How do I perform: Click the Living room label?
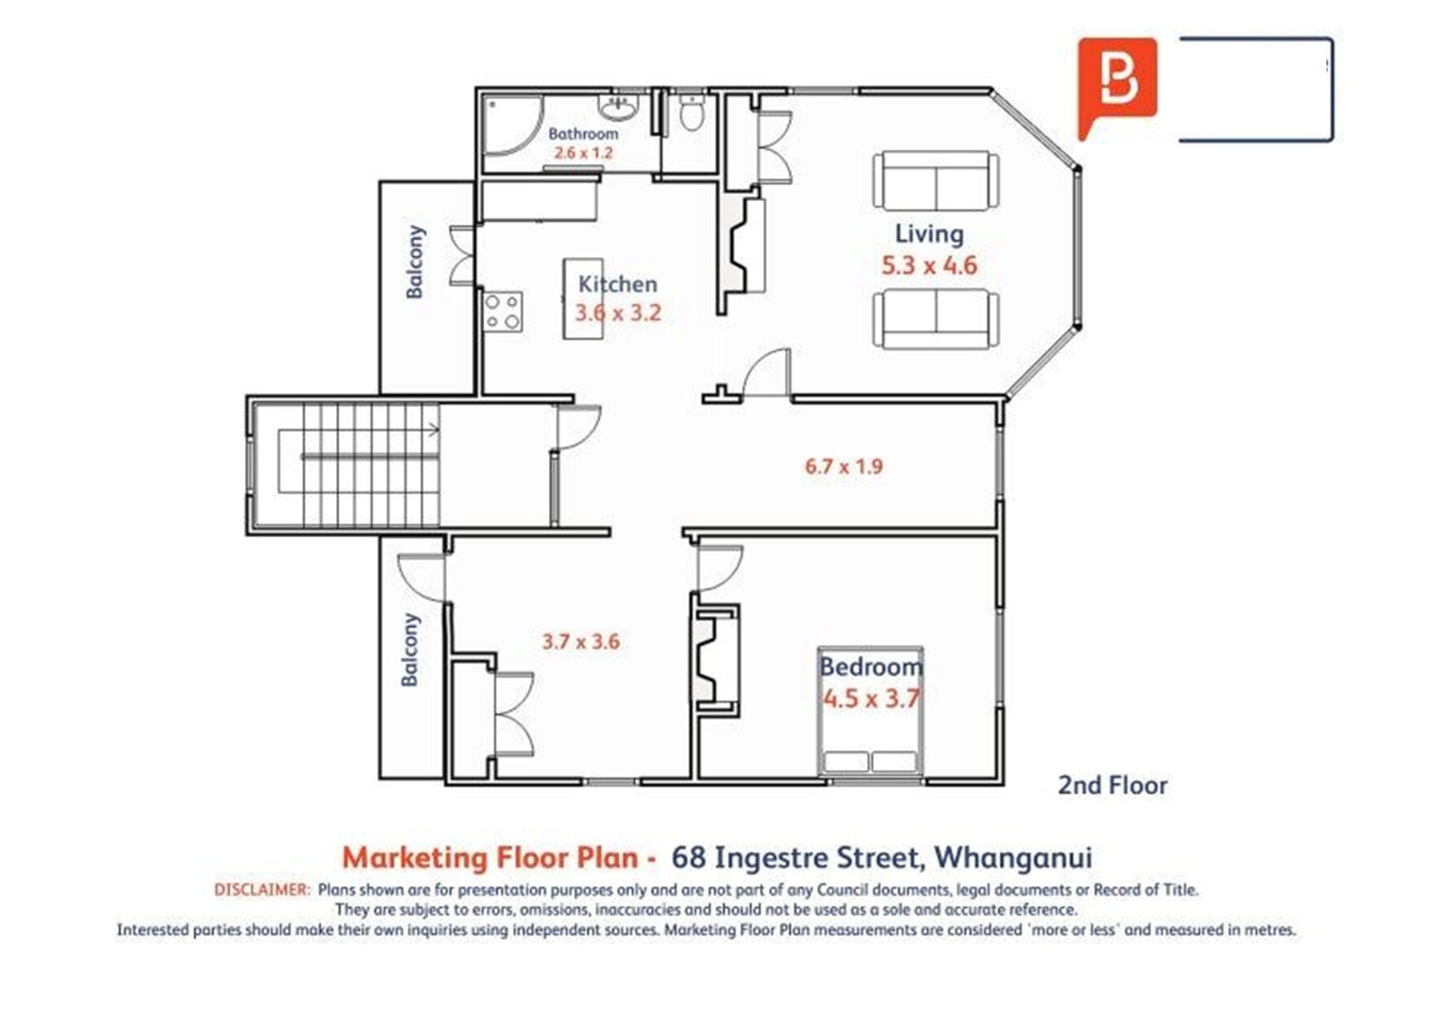(x=929, y=234)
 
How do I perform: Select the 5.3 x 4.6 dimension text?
(x=929, y=265)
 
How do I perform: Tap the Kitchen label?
(x=617, y=284)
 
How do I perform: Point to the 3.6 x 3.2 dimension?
(x=618, y=312)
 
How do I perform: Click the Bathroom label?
(x=583, y=134)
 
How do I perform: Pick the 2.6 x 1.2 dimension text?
(x=583, y=152)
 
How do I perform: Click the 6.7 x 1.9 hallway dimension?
(x=844, y=466)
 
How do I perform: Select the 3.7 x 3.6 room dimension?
(x=580, y=642)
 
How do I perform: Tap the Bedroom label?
(x=871, y=667)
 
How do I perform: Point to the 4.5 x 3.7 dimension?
(x=871, y=699)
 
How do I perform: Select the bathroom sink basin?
(x=618, y=107)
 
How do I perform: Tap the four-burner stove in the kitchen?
(x=503, y=311)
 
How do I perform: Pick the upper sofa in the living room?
(x=936, y=180)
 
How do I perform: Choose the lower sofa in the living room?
(x=936, y=319)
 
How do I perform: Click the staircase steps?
(x=371, y=465)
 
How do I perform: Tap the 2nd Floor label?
(x=1113, y=785)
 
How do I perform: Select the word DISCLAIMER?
(x=262, y=890)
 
